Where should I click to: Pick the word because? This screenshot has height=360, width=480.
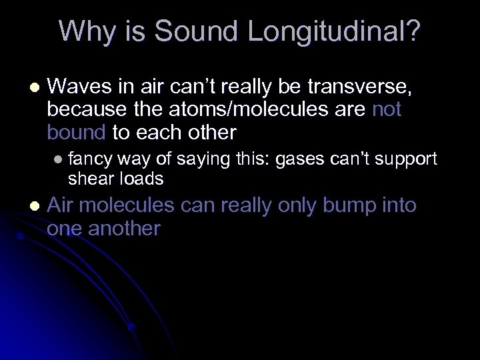[85, 109]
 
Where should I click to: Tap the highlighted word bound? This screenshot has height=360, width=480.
[76, 132]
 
